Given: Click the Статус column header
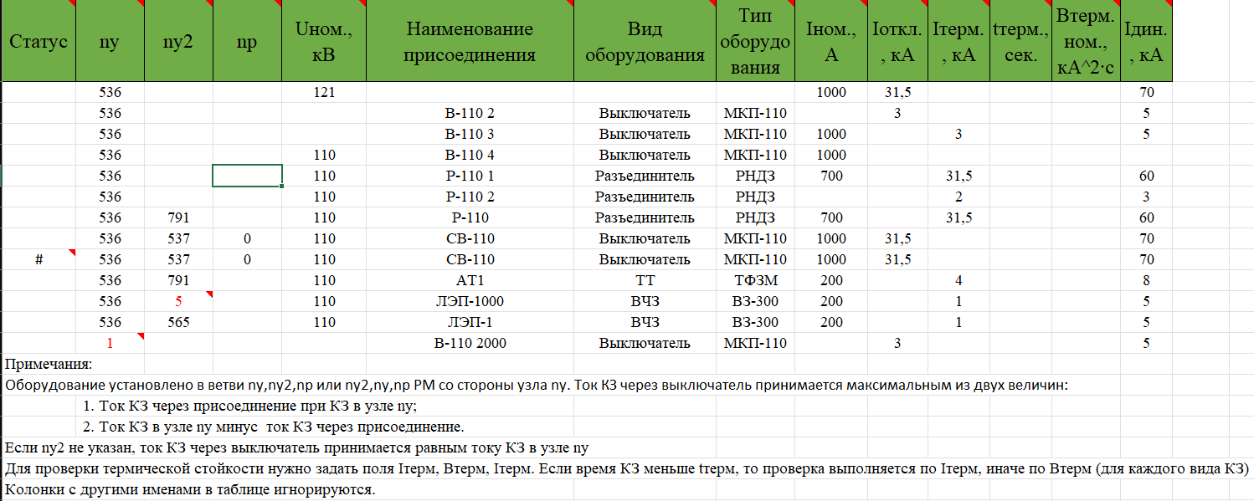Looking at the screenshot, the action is (x=38, y=41).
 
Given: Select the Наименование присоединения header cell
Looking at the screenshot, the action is (x=469, y=42).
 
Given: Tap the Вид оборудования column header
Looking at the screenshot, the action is (x=644, y=42).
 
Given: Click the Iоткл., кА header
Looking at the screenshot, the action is (x=897, y=42).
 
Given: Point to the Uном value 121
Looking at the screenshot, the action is (x=322, y=92).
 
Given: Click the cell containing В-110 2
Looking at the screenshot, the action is (x=470, y=113).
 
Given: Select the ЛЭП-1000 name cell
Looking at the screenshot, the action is (x=470, y=301).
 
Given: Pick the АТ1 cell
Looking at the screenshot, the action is (x=470, y=280).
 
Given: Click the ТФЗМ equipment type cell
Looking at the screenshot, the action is (x=755, y=280).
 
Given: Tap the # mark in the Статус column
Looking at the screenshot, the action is (x=39, y=259).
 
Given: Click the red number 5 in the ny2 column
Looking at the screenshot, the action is (x=178, y=301).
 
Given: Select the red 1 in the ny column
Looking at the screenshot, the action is (x=110, y=343).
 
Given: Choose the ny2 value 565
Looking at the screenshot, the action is (x=178, y=322).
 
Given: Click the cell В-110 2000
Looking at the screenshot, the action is (x=470, y=343).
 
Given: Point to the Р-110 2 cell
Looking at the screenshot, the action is (x=470, y=197).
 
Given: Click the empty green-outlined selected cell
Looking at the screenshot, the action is (x=247, y=176).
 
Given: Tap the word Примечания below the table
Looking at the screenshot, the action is (x=48, y=365).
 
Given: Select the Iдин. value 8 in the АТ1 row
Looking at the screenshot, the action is (x=1145, y=280).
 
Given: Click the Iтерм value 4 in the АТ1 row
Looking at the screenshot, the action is (x=958, y=280).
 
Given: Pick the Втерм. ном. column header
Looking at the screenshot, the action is (x=1085, y=42).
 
